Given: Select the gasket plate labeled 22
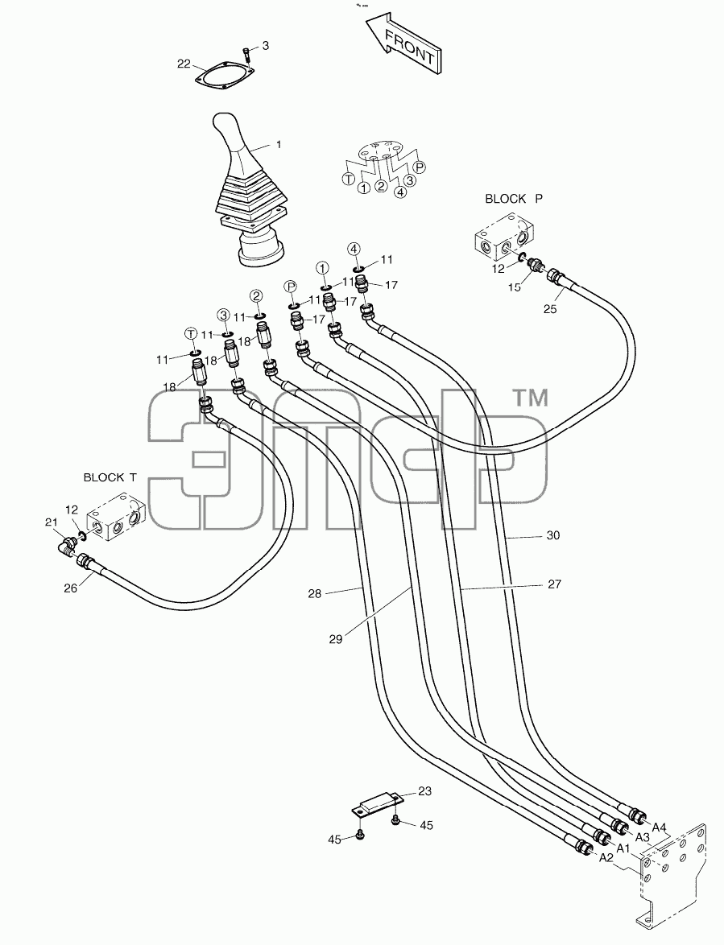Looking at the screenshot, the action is coord(225,77).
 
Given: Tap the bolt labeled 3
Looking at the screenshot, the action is coord(246,54).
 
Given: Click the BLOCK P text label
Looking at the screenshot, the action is coord(513,198).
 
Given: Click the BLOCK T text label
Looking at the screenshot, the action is coord(110,477).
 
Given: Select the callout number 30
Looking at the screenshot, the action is coord(552,535).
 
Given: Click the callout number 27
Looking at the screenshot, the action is coord(554,584).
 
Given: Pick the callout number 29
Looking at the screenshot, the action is coord(336,639).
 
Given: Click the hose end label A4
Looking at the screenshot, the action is coord(659,827).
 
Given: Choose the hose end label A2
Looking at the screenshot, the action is coord(606,859).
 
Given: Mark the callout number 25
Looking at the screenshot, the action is coord(550,309).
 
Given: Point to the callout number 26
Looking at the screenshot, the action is coord(71,588).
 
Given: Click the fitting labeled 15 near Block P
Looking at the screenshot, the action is coord(534,265).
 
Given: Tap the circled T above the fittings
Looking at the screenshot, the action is coord(191,333).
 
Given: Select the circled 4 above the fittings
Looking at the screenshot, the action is coord(354,248).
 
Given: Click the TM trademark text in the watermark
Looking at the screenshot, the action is coord(530,398).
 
